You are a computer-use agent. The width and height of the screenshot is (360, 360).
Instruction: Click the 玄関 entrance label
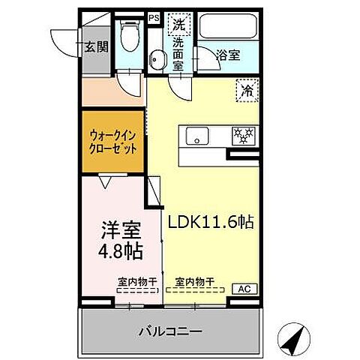[97, 46]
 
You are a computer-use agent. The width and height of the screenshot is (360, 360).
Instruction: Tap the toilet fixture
[130, 34]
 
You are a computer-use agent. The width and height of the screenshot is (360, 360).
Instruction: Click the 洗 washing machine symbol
[178, 25]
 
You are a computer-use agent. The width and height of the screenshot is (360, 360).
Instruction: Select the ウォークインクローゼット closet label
[114, 142]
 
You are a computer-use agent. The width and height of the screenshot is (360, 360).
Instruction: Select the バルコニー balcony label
[169, 330]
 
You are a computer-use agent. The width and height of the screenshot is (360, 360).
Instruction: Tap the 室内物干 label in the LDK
[194, 282]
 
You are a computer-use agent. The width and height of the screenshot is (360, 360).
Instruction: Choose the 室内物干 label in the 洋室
[136, 282]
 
